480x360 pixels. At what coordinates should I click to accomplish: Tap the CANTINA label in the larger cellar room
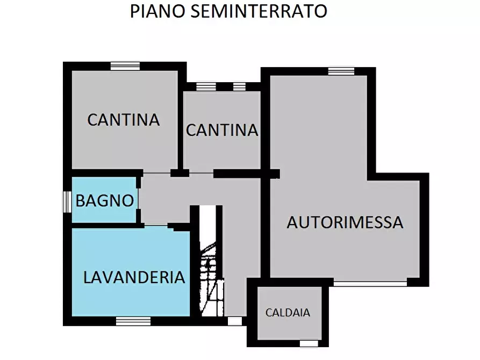[124, 119]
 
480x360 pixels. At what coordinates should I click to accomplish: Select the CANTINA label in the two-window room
[222, 130]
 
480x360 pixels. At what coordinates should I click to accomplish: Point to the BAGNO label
[104, 201]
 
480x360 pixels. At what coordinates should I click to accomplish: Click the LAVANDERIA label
[134, 277]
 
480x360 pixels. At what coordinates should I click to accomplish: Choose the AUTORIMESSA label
[345, 222]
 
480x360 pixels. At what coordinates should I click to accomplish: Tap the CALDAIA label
[288, 312]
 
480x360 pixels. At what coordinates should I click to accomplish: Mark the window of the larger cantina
[125, 66]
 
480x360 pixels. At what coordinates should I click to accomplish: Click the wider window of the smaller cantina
[206, 86]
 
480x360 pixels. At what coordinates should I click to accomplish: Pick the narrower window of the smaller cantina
[239, 86]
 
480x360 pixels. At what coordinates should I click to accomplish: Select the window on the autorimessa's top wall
[341, 71]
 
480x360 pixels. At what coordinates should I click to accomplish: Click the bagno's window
[67, 201]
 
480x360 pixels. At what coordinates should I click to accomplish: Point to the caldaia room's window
[309, 343]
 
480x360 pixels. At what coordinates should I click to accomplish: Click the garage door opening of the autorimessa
[370, 282]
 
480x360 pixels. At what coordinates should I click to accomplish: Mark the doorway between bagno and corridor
[139, 199]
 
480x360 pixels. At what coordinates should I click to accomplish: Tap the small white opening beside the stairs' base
[235, 321]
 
